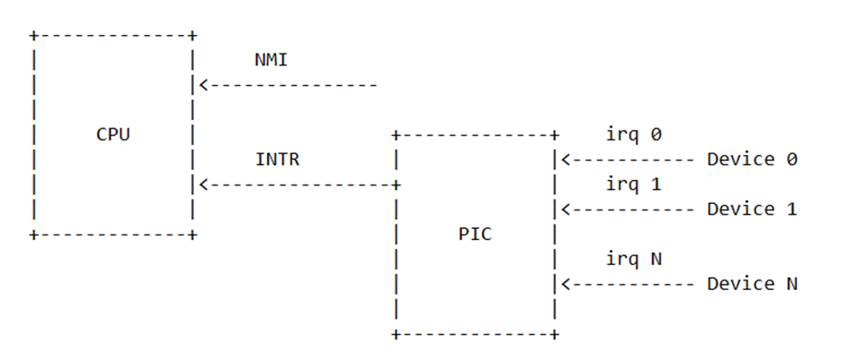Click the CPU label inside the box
114,134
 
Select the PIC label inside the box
476,234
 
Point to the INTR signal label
277,160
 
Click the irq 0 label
633,135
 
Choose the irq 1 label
633,185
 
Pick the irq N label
633,259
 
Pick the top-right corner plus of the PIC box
555,136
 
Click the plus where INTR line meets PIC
396,185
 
